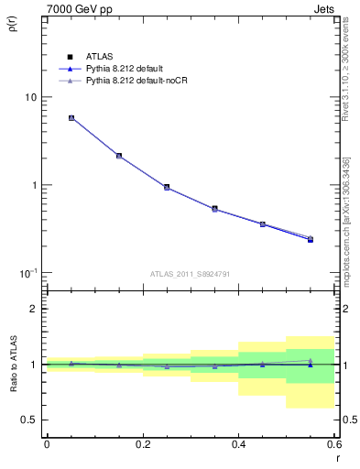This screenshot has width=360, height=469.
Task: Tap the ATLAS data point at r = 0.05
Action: [71, 118]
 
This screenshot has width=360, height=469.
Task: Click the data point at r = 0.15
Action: [119, 156]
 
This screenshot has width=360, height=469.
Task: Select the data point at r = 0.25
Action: [167, 187]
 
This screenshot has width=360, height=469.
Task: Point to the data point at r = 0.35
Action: [214, 209]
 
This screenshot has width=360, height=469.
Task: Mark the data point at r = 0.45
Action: [262, 224]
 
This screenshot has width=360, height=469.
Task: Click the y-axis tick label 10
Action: [30, 97]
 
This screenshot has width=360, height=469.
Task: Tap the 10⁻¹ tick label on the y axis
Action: [27, 273]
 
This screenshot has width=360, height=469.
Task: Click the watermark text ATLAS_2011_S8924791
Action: [191, 273]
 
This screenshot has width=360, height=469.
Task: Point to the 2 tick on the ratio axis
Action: [34, 309]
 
